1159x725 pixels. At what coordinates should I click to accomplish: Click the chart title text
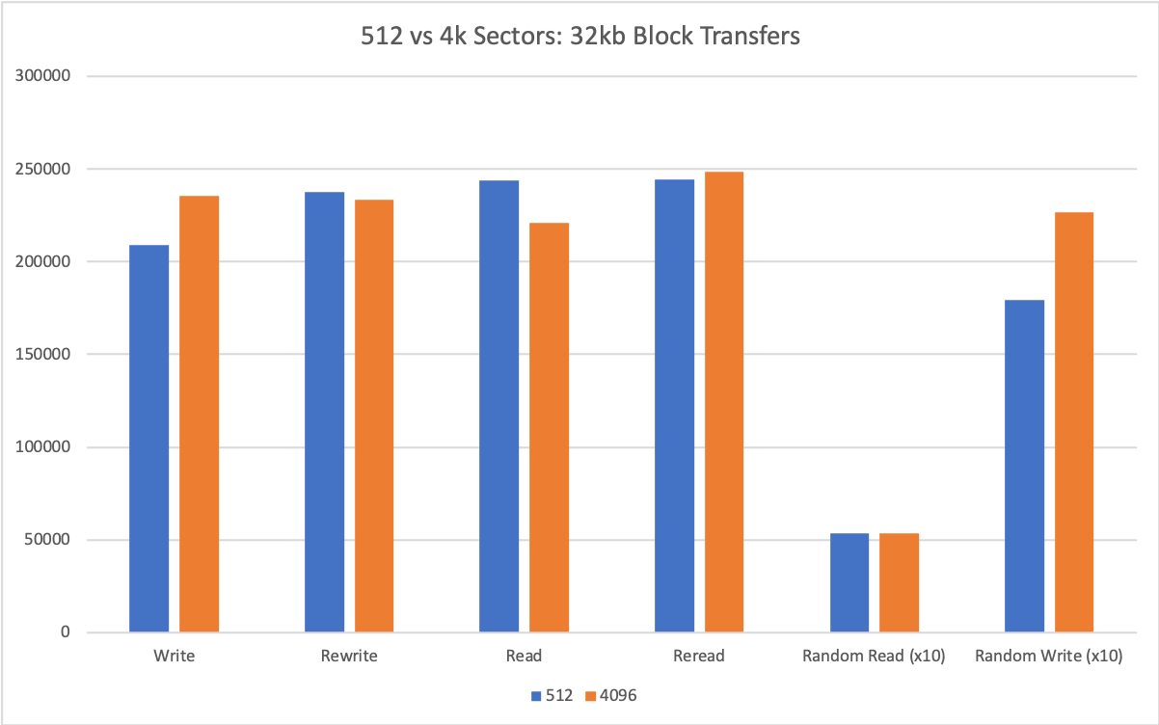[x=579, y=38]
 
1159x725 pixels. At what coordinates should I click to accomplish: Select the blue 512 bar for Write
[x=149, y=439]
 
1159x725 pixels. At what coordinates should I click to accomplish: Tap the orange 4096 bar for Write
[x=199, y=415]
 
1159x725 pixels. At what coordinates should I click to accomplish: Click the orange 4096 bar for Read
[x=549, y=427]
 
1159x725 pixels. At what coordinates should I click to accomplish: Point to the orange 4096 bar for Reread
[x=723, y=402]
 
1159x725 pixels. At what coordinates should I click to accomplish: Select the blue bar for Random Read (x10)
[x=849, y=582]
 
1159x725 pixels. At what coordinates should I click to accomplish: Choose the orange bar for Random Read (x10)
[x=899, y=582]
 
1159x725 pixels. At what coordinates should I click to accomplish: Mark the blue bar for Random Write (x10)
[x=1024, y=466]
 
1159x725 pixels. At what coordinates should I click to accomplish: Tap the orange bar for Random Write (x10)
[x=1073, y=422]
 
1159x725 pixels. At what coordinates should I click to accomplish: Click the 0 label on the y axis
[x=66, y=632]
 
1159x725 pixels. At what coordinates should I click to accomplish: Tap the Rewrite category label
[x=349, y=657]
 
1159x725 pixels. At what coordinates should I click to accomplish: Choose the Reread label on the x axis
[x=699, y=657]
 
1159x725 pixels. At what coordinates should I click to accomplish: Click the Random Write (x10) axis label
[x=1048, y=657]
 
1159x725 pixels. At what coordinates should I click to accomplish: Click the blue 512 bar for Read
[x=499, y=406]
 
